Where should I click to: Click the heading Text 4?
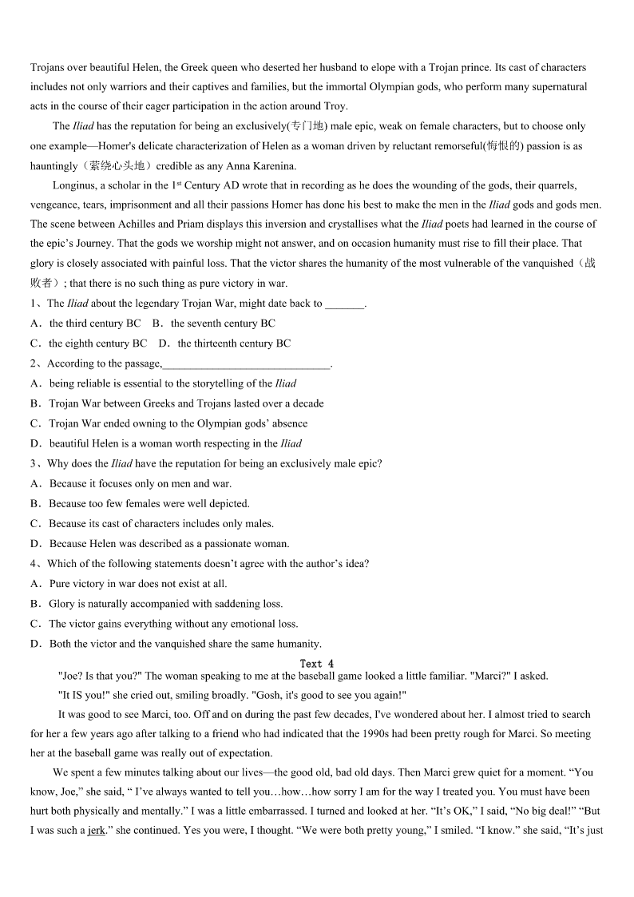pyautogui.click(x=317, y=664)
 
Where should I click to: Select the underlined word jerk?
pyautogui.click(x=95, y=831)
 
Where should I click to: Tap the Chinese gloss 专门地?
pyautogui.click(x=306, y=126)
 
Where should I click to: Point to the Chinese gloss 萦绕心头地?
pyautogui.click(x=120, y=166)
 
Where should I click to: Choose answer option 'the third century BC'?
pyautogui.click(x=94, y=323)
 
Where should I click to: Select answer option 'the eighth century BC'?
pyautogui.click(x=97, y=343)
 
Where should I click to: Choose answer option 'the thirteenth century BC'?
pyautogui.click(x=234, y=343)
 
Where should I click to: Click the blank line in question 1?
pyautogui.click(x=345, y=304)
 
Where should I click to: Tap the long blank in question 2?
pyautogui.click(x=246, y=364)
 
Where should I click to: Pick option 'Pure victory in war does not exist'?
pyautogui.click(x=137, y=584)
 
